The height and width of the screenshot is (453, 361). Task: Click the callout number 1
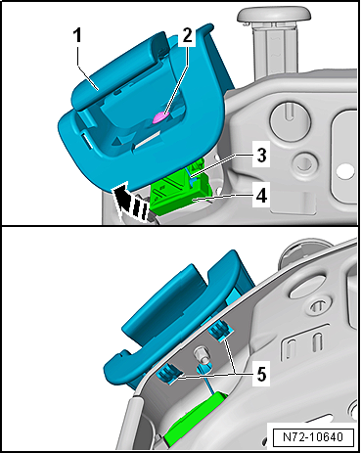pyautogui.click(x=76, y=35)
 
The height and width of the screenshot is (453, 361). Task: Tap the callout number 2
pyautogui.click(x=187, y=35)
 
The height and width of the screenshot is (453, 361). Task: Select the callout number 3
pyautogui.click(x=261, y=156)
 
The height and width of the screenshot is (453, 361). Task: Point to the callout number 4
pyautogui.click(x=261, y=197)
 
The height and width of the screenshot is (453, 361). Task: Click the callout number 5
pyautogui.click(x=261, y=375)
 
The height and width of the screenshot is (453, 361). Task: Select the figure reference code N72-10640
pyautogui.click(x=313, y=436)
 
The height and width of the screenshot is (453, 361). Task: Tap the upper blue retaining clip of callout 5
pyautogui.click(x=222, y=330)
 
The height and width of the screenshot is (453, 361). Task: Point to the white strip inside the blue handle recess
pyautogui.click(x=148, y=139)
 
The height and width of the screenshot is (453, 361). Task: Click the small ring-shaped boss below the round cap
pyautogui.click(x=304, y=162)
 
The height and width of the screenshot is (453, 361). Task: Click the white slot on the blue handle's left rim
pyautogui.click(x=86, y=140)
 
